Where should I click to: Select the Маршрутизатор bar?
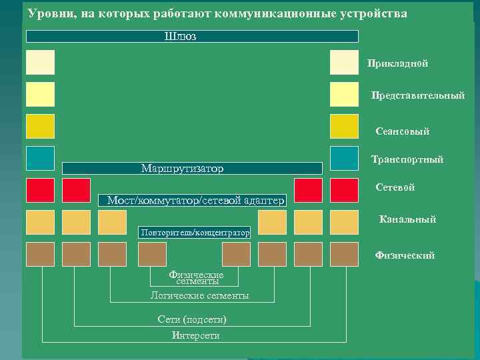click(x=192, y=168)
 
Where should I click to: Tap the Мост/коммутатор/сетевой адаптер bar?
click(x=192, y=200)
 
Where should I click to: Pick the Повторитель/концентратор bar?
click(x=194, y=233)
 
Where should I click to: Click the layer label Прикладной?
click(x=397, y=63)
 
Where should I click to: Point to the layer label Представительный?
click(x=417, y=96)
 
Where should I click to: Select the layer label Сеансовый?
click(x=402, y=131)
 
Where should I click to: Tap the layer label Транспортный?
click(x=407, y=159)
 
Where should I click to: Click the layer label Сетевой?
click(x=395, y=188)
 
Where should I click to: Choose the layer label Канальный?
click(x=407, y=219)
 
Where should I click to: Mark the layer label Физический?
click(x=405, y=255)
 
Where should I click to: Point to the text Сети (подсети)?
click(x=192, y=319)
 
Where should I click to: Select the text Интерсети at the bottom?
click(x=195, y=335)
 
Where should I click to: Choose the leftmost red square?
click(x=40, y=190)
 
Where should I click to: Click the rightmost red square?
click(x=344, y=190)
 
